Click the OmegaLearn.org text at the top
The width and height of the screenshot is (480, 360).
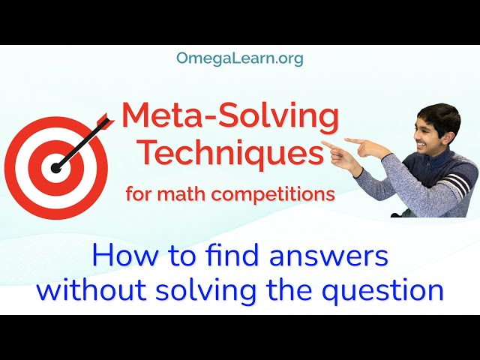pyautogui.click(x=240, y=58)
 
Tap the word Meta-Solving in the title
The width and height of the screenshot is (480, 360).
pyautogui.click(x=229, y=116)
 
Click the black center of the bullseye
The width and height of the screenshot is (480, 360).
pyautogui.click(x=55, y=168)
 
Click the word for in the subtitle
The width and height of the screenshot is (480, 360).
pyautogui.click(x=139, y=194)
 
